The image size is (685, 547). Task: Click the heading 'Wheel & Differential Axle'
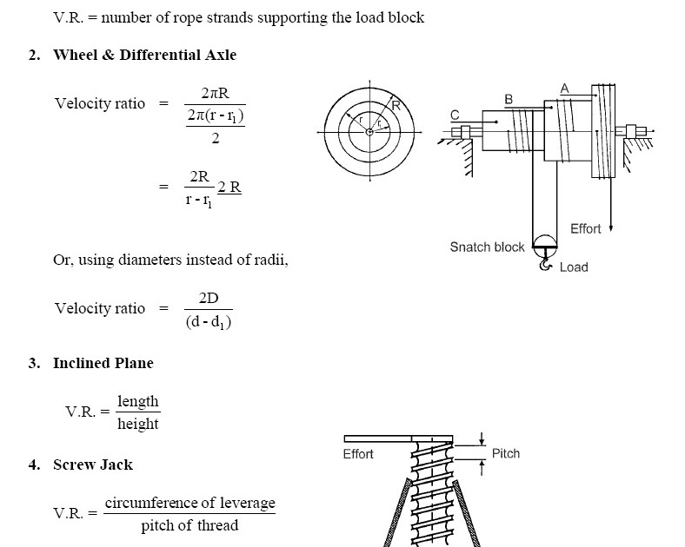click(144, 55)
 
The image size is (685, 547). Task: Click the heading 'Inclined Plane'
click(103, 363)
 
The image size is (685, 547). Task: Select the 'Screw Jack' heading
click(93, 465)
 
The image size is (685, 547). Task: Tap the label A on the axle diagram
click(565, 88)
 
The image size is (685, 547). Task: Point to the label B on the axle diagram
click(509, 100)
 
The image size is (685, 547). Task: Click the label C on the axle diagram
click(454, 114)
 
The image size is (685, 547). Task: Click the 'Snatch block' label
click(487, 247)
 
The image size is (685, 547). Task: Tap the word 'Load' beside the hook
click(574, 267)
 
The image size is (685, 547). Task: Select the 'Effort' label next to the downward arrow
click(585, 229)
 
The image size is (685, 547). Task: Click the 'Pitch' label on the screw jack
click(505, 453)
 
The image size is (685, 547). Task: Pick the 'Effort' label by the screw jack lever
click(358, 454)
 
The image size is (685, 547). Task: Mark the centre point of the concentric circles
click(369, 131)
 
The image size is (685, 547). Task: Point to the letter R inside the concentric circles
click(396, 106)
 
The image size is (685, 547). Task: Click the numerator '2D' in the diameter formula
click(209, 299)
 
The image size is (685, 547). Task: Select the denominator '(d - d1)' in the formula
click(209, 323)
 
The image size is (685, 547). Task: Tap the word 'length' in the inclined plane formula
click(138, 401)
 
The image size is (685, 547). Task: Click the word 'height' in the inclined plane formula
click(138, 424)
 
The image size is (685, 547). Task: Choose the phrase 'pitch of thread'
click(190, 526)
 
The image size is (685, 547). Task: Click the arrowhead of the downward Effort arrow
click(611, 228)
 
